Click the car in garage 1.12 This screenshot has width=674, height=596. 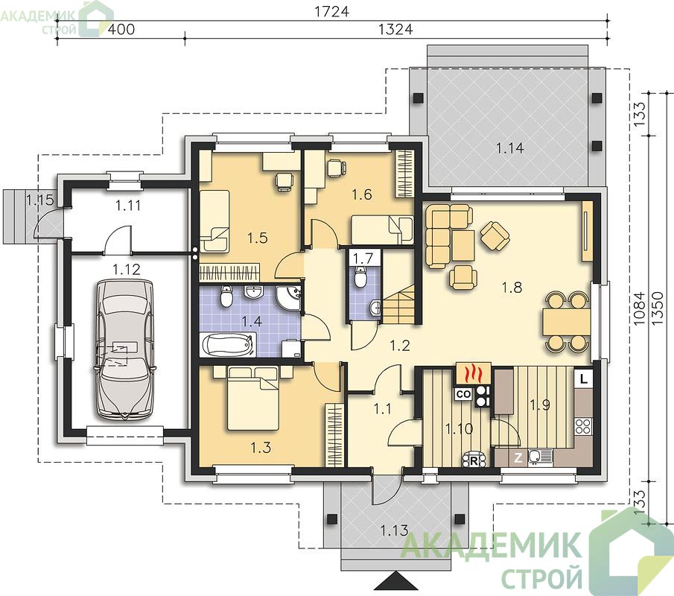pyautogui.click(x=124, y=349)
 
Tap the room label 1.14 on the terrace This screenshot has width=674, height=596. pyautogui.click(x=510, y=148)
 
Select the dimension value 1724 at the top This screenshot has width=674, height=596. pyautogui.click(x=331, y=12)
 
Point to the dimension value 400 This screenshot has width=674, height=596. pyautogui.click(x=121, y=29)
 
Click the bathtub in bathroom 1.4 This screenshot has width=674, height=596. pyautogui.click(x=228, y=345)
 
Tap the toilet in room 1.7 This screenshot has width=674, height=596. pyautogui.click(x=360, y=276)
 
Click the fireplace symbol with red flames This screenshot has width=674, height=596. pyautogui.click(x=473, y=373)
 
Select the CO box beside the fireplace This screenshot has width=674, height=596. pyautogui.click(x=463, y=394)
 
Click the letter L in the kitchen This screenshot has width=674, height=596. pyautogui.click(x=583, y=379)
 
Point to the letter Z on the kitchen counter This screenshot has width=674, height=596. pyautogui.click(x=519, y=458)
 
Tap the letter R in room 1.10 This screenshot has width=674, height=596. pyautogui.click(x=474, y=461)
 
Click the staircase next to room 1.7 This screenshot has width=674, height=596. pyautogui.click(x=399, y=303)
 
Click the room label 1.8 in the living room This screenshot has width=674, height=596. pyautogui.click(x=512, y=287)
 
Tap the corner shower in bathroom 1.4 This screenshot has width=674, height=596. pyautogui.click(x=289, y=297)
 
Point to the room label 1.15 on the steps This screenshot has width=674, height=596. pyautogui.click(x=39, y=200)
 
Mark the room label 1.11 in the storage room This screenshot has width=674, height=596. pyautogui.click(x=128, y=205)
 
